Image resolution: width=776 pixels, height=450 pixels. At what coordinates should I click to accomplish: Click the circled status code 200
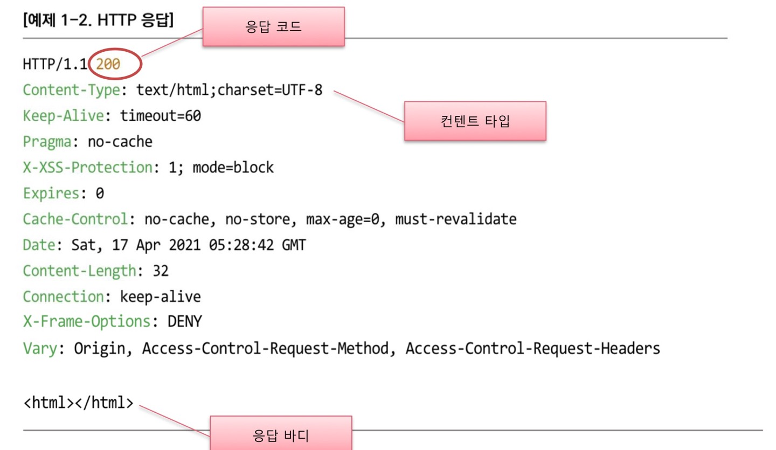tap(108, 65)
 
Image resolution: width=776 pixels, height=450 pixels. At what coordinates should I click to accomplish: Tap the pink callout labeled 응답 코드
tap(273, 26)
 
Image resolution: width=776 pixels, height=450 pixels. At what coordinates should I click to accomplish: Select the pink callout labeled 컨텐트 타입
tap(475, 121)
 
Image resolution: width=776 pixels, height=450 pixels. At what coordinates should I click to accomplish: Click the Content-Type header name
tap(71, 90)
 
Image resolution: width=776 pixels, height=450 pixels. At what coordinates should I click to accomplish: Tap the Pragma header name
tap(47, 142)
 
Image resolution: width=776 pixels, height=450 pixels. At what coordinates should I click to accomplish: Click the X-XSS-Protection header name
tap(87, 168)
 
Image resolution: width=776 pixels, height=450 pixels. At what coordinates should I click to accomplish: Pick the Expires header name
tap(51, 193)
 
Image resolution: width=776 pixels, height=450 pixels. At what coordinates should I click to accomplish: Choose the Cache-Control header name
tap(75, 219)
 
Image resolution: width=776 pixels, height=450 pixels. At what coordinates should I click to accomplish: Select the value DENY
tap(184, 322)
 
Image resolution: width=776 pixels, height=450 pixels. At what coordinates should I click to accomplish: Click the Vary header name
tap(39, 349)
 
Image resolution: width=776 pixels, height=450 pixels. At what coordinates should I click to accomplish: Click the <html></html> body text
tap(78, 402)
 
